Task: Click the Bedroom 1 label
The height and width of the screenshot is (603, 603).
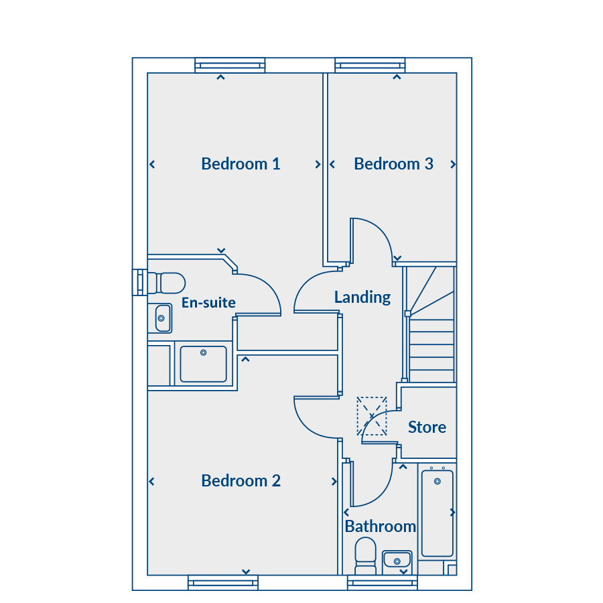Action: click(x=241, y=164)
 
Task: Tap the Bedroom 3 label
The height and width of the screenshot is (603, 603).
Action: click(x=393, y=164)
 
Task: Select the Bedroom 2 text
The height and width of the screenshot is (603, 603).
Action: click(x=241, y=480)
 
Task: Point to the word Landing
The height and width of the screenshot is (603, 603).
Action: click(x=362, y=297)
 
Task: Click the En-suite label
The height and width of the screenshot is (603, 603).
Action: click(x=208, y=303)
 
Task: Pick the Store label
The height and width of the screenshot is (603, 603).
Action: click(x=427, y=427)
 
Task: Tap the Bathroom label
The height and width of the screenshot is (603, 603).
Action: click(x=381, y=527)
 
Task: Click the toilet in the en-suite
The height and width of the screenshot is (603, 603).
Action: click(x=167, y=283)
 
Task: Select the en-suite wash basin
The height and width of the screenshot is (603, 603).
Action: click(x=163, y=318)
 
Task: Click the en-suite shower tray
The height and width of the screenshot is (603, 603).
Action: click(x=204, y=364)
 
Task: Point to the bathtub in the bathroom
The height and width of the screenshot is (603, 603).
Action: click(x=438, y=513)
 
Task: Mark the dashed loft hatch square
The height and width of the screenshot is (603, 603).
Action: click(x=371, y=416)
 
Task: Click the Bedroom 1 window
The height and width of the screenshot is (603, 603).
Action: click(x=230, y=66)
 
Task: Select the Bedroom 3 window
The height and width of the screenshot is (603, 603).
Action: click(x=370, y=66)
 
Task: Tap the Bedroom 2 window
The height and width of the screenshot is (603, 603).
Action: click(x=223, y=583)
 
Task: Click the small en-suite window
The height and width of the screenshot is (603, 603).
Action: click(x=139, y=283)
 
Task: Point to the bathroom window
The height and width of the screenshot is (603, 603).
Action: click(x=383, y=583)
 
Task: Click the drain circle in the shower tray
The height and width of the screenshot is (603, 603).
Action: click(x=204, y=352)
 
